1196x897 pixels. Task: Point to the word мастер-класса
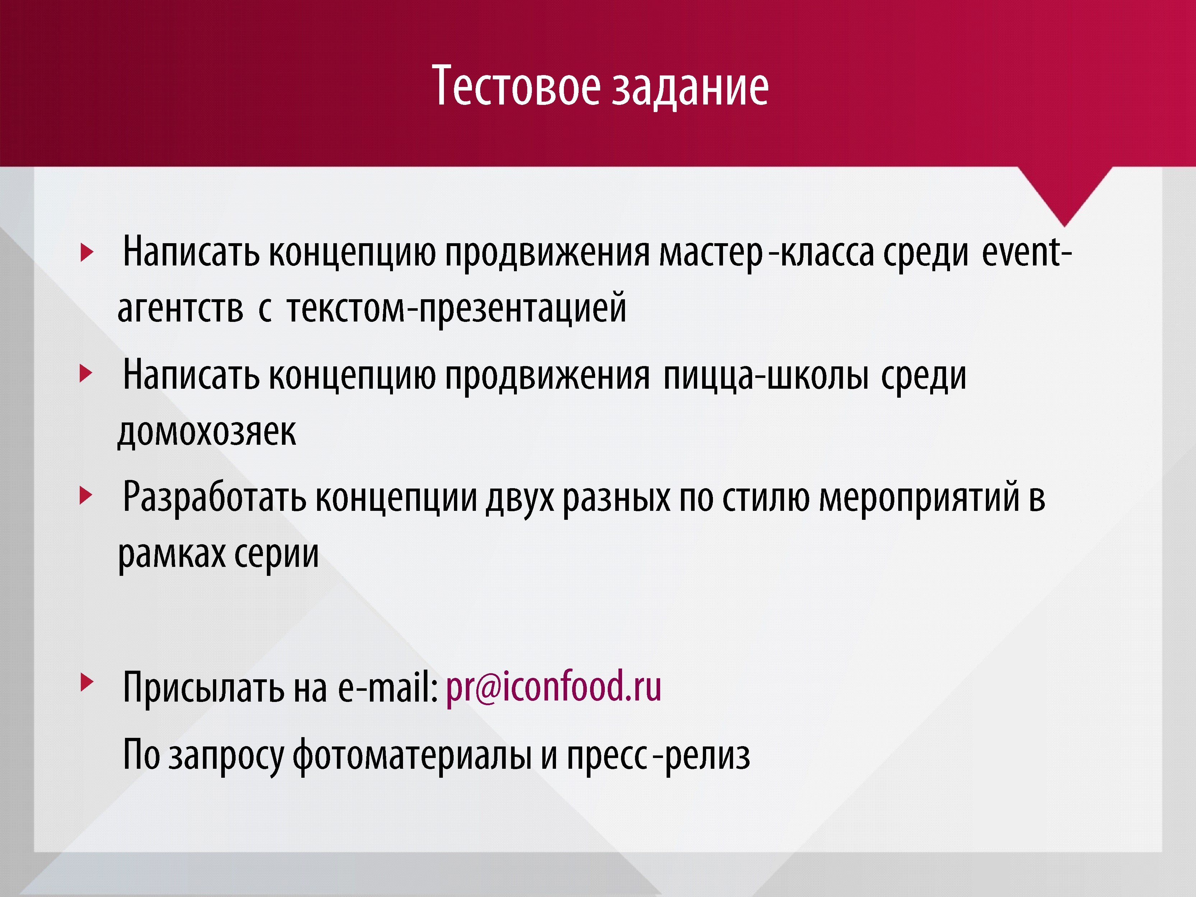(x=766, y=254)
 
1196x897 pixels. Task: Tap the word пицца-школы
(x=766, y=376)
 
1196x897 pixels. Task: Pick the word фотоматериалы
(x=412, y=755)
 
